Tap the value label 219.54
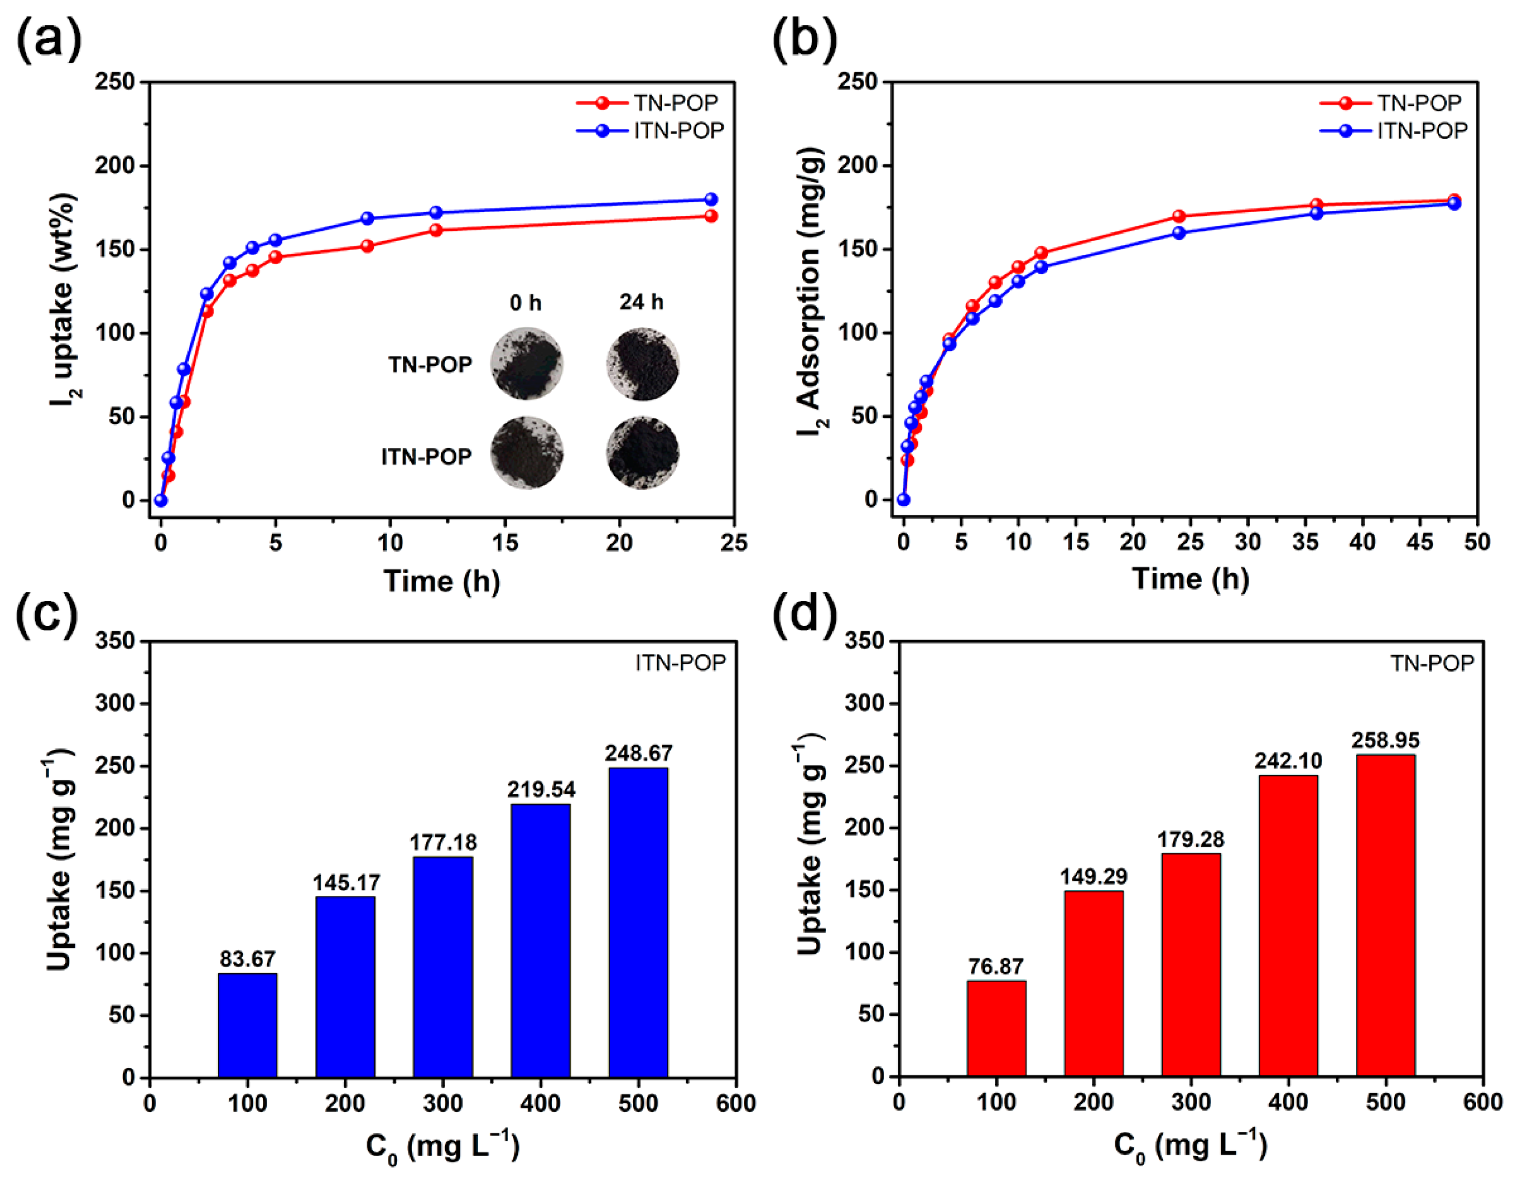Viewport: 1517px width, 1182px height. pyautogui.click(x=541, y=790)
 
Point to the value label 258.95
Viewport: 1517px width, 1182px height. pyautogui.click(x=1385, y=740)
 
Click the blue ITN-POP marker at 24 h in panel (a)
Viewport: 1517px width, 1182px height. pyautogui.click(x=710, y=199)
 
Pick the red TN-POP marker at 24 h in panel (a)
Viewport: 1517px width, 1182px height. pyautogui.click(x=710, y=216)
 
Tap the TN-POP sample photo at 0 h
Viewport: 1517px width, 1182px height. pyautogui.click(x=526, y=363)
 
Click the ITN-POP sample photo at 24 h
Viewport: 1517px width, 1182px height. pyautogui.click(x=643, y=453)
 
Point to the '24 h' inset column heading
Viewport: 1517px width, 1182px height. pyautogui.click(x=641, y=302)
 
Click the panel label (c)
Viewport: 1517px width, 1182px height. pyautogui.click(x=47, y=614)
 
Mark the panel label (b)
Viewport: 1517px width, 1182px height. pyautogui.click(x=804, y=40)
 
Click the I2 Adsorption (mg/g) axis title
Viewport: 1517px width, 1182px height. pyautogui.click(x=811, y=292)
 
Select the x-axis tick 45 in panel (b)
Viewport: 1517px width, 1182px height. pyautogui.click(x=1419, y=542)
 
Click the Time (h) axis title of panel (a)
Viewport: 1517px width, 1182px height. pyautogui.click(x=442, y=581)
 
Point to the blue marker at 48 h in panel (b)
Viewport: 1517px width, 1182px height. pyautogui.click(x=1454, y=204)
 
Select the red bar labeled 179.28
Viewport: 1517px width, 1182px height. pyautogui.click(x=1191, y=965)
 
